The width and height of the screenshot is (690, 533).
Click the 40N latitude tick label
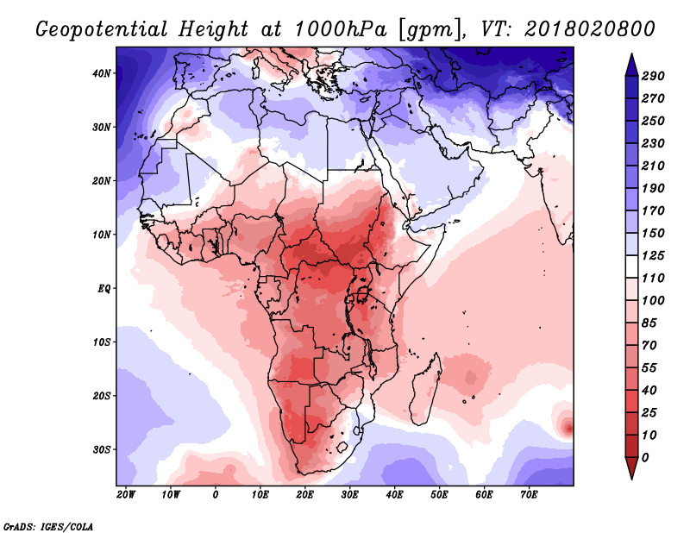pos(102,72)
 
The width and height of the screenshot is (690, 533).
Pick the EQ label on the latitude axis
pos(103,288)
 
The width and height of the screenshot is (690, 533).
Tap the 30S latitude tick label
pos(102,449)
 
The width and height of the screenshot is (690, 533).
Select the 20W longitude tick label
pos(125,495)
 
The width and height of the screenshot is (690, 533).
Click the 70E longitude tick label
pos(529,495)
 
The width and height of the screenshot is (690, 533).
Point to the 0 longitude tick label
pos(216,495)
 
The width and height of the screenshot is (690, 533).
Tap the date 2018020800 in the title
pos(587,28)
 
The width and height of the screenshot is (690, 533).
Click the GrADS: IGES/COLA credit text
pos(47,525)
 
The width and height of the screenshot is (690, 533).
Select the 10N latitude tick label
pos(102,234)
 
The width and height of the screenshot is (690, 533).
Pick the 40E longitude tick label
pos(394,495)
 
